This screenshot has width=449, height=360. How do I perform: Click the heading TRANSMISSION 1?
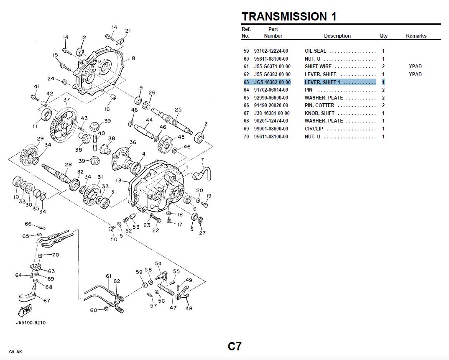click(x=289, y=17)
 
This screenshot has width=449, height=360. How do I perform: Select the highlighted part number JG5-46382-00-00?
click(x=272, y=82)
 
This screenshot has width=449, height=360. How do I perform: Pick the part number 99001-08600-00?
click(x=271, y=129)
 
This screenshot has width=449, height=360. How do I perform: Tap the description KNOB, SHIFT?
click(x=319, y=113)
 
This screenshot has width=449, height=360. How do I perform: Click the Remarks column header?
click(x=416, y=36)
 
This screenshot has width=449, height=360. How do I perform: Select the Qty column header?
click(x=383, y=36)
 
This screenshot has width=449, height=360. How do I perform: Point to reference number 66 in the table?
click(x=246, y=105)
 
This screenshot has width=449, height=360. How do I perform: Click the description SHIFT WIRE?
click(x=318, y=66)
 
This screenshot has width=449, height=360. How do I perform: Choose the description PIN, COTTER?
click(x=319, y=105)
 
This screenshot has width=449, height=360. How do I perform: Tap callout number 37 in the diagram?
click(x=66, y=100)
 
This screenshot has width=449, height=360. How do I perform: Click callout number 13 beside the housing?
click(x=119, y=181)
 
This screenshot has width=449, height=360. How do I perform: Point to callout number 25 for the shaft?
click(x=178, y=110)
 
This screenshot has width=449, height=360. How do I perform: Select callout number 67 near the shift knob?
click(x=47, y=301)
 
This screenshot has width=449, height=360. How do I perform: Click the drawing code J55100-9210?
click(x=31, y=323)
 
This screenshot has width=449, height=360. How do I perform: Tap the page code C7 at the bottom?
click(x=235, y=346)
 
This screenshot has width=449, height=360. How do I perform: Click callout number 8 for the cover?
click(x=133, y=59)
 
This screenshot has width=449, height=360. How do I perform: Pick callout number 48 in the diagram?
click(x=189, y=309)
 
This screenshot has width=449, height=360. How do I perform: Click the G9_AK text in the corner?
click(x=15, y=352)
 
